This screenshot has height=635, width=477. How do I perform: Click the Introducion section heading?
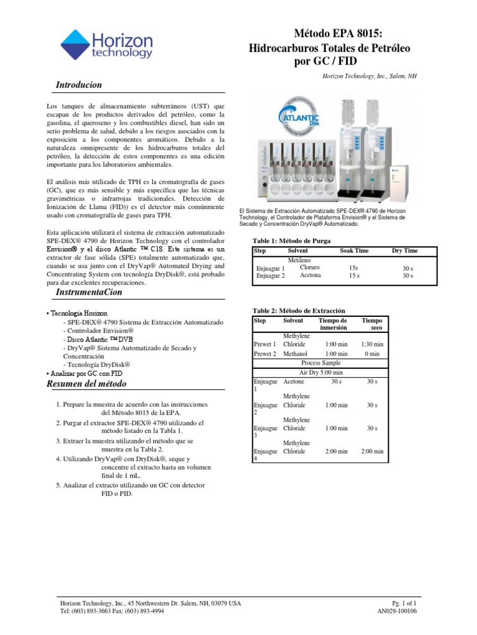(x=78, y=84)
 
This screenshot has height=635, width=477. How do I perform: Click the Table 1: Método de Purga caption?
(x=291, y=240)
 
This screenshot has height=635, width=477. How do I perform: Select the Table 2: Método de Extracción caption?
(x=298, y=310)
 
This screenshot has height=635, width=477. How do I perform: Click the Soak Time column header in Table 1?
(x=354, y=251)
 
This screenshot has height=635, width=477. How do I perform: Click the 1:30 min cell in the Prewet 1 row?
(x=372, y=344)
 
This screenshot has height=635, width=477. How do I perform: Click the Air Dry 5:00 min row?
(x=320, y=372)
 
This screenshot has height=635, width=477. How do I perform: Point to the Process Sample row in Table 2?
(x=320, y=363)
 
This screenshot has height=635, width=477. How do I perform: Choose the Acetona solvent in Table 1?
(x=310, y=275)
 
